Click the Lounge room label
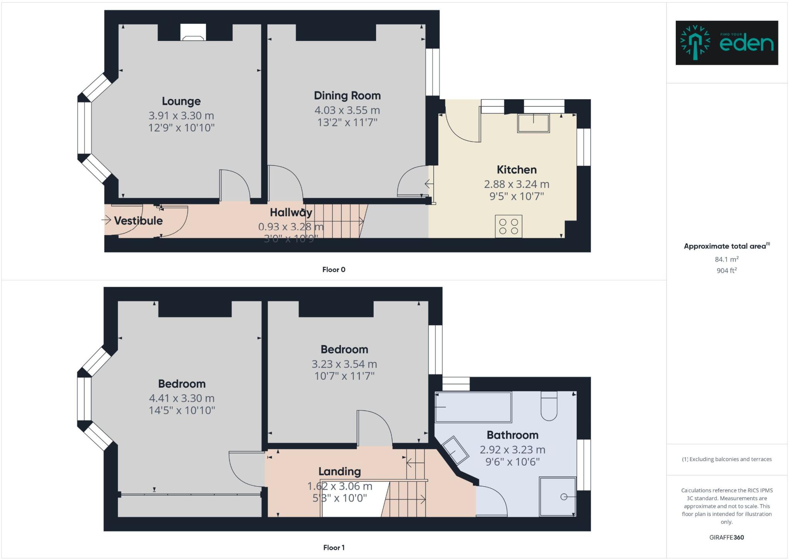[181, 101]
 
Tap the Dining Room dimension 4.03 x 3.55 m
[347, 110]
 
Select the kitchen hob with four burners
[509, 226]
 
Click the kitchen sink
[534, 123]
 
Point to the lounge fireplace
[193, 33]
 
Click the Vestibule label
[138, 221]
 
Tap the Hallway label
[291, 212]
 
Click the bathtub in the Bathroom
[473, 407]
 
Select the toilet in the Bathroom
[549, 407]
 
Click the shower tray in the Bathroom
[558, 496]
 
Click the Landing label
[339, 471]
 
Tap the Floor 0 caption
[334, 270]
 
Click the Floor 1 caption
[334, 547]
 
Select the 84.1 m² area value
[727, 259]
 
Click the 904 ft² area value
[727, 271]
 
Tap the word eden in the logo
[746, 44]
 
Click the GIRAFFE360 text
[727, 537]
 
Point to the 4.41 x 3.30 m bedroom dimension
[181, 398]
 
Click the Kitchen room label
[516, 170]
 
